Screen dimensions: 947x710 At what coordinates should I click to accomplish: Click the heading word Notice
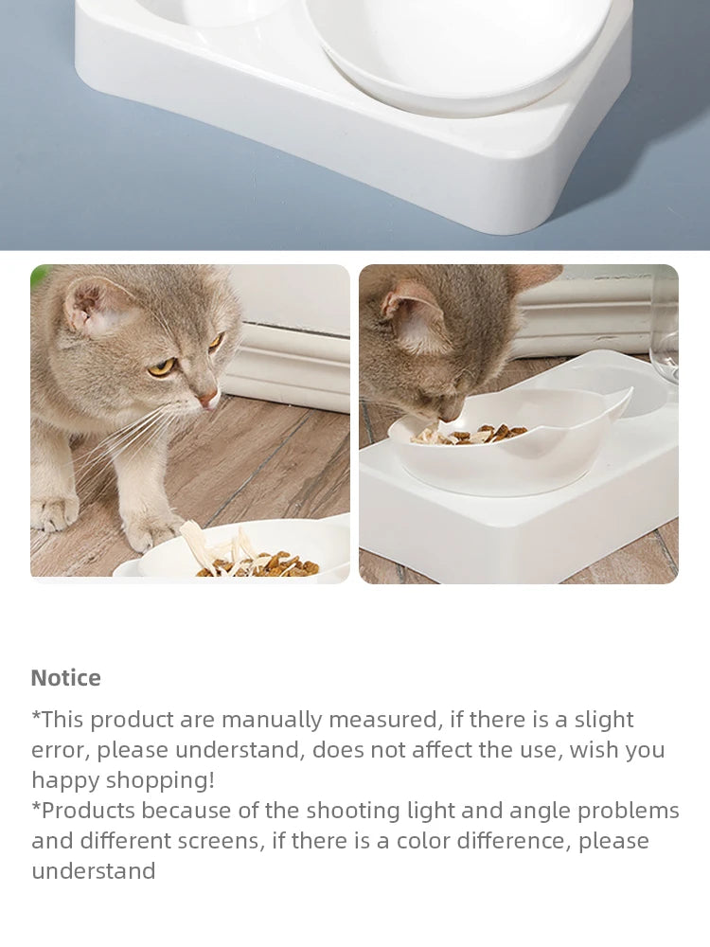[x=65, y=678]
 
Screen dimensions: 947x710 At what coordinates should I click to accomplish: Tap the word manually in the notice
[x=272, y=720]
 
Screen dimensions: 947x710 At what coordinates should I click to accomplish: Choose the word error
[x=59, y=750]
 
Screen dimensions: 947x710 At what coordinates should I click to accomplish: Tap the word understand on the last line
[x=93, y=871]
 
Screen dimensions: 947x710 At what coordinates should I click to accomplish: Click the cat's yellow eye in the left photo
[x=161, y=366]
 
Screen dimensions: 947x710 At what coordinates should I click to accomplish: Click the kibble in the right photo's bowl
[x=478, y=435]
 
